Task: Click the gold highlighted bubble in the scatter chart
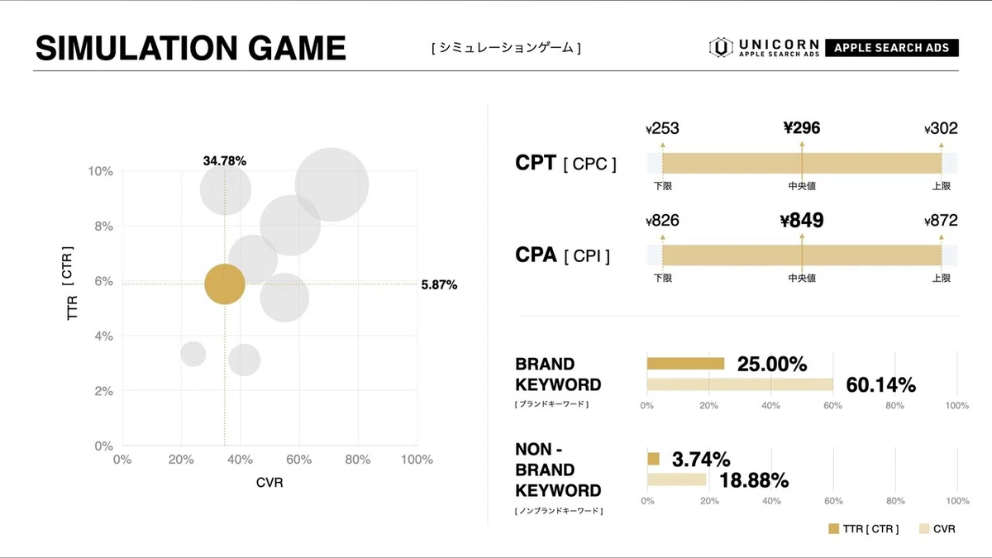[x=224, y=284]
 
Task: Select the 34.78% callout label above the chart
[x=225, y=161]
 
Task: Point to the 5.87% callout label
[x=438, y=284]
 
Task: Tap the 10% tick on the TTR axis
[x=100, y=171]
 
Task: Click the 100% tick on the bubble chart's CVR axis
[x=416, y=460]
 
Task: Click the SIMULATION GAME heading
[x=190, y=49]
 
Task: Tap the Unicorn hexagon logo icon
[x=721, y=47]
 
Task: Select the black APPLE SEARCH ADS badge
[x=891, y=47]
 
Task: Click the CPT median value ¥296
[x=802, y=127]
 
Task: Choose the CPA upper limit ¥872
[x=941, y=221]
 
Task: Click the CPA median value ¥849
[x=802, y=221]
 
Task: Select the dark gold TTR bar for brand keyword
[x=685, y=363]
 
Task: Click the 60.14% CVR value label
[x=880, y=384]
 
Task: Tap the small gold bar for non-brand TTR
[x=653, y=459]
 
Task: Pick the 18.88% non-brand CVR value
[x=753, y=480]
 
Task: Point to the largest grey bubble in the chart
[x=331, y=184]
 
